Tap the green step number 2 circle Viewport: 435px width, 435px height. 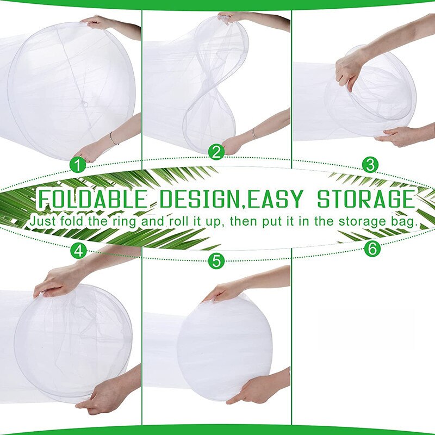click(x=216, y=152)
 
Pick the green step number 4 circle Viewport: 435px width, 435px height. click(x=79, y=250)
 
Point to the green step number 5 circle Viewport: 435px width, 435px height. click(x=216, y=261)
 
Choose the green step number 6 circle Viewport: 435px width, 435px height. click(x=371, y=248)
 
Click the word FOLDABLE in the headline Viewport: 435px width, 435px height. click(x=91, y=200)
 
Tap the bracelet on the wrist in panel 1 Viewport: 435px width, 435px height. click(x=113, y=138)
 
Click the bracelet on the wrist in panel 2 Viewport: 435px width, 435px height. click(x=254, y=132)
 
